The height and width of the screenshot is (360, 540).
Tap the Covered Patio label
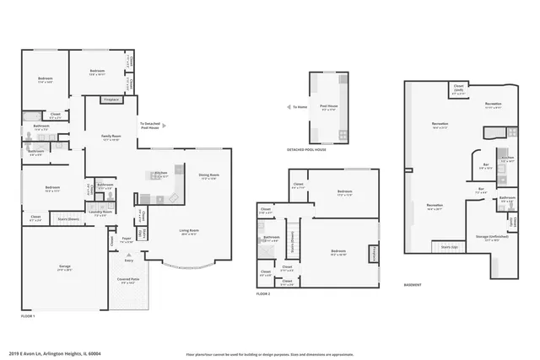(129, 282)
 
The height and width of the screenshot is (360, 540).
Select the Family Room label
(110, 137)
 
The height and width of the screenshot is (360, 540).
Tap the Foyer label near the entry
(126, 240)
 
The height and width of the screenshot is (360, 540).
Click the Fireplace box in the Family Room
(111, 100)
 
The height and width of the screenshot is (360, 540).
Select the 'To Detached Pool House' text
(150, 125)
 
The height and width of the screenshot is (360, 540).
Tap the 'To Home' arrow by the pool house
(297, 108)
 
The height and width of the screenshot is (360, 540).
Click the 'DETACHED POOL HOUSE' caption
(306, 149)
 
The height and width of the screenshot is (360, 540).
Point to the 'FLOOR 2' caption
(264, 293)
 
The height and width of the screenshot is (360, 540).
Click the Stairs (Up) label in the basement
(449, 247)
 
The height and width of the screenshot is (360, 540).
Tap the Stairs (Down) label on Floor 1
(67, 218)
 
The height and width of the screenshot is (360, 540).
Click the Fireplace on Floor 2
(372, 253)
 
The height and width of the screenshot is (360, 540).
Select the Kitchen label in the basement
(507, 159)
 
